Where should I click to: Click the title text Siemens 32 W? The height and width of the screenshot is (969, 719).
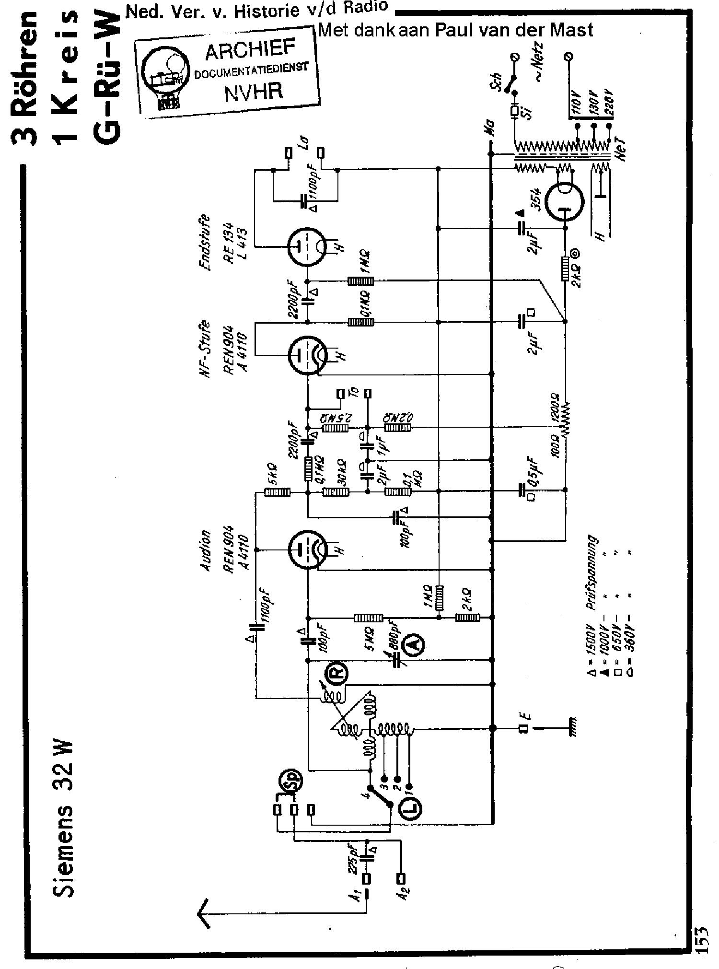tap(63, 820)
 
